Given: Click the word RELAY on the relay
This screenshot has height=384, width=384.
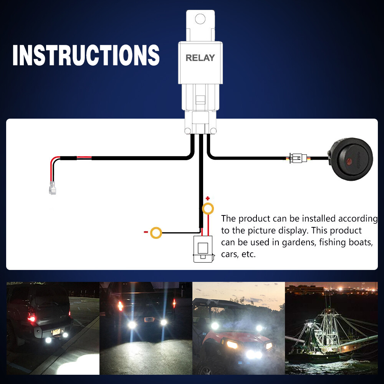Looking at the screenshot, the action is (x=200, y=58).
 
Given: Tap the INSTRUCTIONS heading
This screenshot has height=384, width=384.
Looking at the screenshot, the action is (x=86, y=55).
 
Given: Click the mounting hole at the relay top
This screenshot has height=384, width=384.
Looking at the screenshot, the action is (x=200, y=19).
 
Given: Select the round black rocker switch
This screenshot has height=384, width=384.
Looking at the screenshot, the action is (x=351, y=159).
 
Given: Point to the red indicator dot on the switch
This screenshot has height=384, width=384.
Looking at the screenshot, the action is (x=349, y=161).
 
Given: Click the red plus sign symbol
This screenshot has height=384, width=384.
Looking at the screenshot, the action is (x=208, y=198).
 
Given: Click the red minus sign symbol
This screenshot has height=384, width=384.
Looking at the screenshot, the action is (x=146, y=232).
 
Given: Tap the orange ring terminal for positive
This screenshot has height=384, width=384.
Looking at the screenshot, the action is (x=208, y=209).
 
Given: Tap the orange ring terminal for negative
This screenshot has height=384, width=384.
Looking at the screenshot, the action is (x=156, y=233).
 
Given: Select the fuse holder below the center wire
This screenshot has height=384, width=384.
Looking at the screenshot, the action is (x=204, y=249).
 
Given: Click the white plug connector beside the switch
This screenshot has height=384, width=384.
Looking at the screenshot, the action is (x=298, y=158).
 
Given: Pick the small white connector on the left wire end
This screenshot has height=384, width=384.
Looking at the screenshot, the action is (x=52, y=188).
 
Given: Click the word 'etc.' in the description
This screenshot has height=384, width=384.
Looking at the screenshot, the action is (x=248, y=254).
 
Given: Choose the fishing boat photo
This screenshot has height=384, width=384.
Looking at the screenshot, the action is (x=331, y=328).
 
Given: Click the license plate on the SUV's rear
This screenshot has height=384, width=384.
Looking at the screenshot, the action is (x=56, y=332).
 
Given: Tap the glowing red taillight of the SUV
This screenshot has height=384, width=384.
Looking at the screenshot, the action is (x=31, y=318).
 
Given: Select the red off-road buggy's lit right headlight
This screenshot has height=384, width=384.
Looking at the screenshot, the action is (x=269, y=346).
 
